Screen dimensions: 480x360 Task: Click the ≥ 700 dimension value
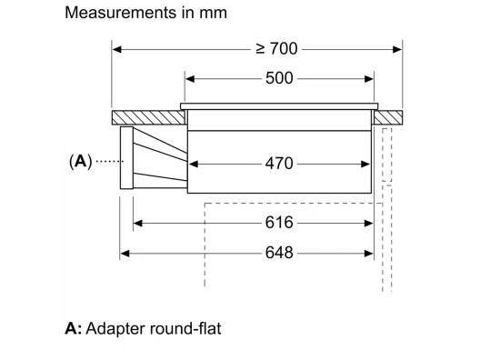[276, 49]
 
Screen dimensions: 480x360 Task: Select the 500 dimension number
[279, 78]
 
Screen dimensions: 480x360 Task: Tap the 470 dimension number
[279, 164]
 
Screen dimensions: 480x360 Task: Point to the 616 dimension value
[279, 223]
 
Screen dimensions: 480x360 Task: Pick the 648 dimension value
[279, 253]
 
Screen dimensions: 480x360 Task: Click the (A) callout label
[81, 161]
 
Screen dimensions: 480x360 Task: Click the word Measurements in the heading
[120, 13]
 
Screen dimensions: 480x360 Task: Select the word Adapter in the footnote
[115, 329]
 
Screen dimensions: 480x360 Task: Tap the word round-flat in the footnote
[185, 328]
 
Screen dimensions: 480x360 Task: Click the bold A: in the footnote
[74, 328]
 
